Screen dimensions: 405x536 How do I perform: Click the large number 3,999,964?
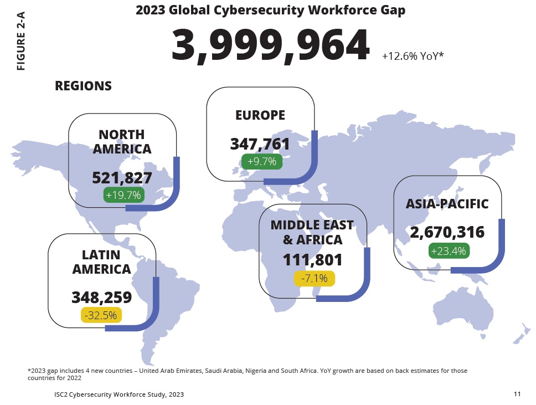pyautogui.click(x=270, y=47)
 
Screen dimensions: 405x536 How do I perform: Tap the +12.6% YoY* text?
pyautogui.click(x=413, y=56)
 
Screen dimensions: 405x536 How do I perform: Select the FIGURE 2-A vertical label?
pyautogui.click(x=21, y=42)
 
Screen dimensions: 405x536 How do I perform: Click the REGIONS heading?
pyautogui.click(x=83, y=86)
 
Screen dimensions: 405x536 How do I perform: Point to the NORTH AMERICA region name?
pyautogui.click(x=122, y=142)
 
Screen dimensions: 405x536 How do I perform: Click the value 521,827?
pyautogui.click(x=122, y=178)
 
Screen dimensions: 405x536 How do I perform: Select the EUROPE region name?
pyautogui.click(x=260, y=115)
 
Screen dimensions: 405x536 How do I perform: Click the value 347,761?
pyautogui.click(x=260, y=144)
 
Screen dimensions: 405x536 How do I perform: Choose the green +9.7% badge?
pyautogui.click(x=262, y=161)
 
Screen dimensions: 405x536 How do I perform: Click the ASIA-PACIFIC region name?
pyautogui.click(x=447, y=204)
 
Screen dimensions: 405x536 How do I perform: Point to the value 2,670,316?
pyautogui.click(x=447, y=233)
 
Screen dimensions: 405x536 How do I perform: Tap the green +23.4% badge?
pyautogui.click(x=449, y=250)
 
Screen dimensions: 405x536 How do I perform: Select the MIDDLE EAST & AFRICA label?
pyautogui.click(x=312, y=233)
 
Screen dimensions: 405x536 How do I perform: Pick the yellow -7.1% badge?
pyautogui.click(x=315, y=278)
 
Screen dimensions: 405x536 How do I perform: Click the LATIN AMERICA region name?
pyautogui.click(x=102, y=262)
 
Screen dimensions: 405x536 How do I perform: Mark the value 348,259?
pyautogui.click(x=102, y=298)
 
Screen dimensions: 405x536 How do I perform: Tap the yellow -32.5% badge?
pyautogui.click(x=102, y=315)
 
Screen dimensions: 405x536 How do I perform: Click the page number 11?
pyautogui.click(x=517, y=394)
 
